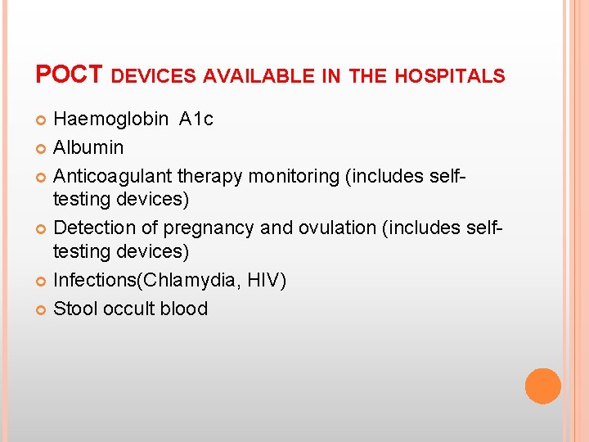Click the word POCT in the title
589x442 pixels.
pyautogui.click(x=69, y=75)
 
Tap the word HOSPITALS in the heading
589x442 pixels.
pyautogui.click(x=450, y=77)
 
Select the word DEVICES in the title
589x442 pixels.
pyautogui.click(x=153, y=77)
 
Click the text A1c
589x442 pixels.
pyautogui.click(x=196, y=120)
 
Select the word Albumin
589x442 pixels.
pyautogui.click(x=88, y=148)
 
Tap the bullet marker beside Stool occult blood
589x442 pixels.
pyautogui.click(x=43, y=309)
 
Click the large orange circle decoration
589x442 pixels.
pyautogui.click(x=542, y=386)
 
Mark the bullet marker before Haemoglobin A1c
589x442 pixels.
pyautogui.click(x=43, y=120)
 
